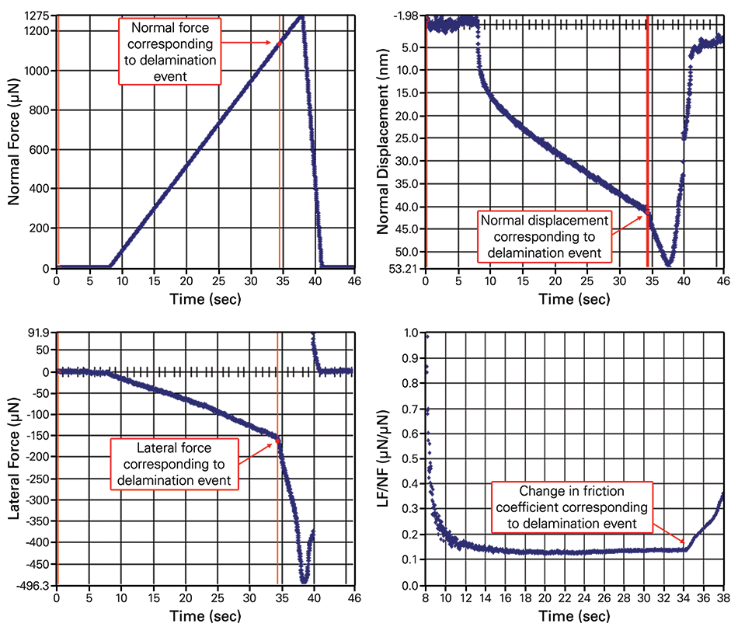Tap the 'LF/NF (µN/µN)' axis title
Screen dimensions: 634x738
pos(383,459)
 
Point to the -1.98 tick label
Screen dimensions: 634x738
pos(406,16)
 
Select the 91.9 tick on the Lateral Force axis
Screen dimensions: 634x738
pos(40,333)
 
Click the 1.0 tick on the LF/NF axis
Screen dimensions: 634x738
pos(409,334)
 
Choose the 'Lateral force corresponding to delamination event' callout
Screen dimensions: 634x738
pos(173,464)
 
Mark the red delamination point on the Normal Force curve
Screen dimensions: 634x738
pos(280,44)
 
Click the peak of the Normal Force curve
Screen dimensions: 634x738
pos(301,17)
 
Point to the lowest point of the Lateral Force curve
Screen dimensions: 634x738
pos(305,580)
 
